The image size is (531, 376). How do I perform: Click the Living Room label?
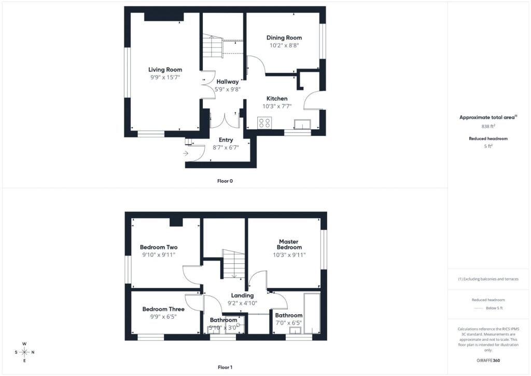click(x=165, y=70)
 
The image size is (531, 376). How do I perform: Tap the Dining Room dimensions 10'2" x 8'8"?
click(x=284, y=45)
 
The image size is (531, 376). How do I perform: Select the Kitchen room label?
click(x=277, y=99)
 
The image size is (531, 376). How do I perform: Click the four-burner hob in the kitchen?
click(x=264, y=123)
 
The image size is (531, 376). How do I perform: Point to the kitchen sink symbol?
click(x=302, y=125)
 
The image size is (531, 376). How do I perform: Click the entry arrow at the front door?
click(x=186, y=153)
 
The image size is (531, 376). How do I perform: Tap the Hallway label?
click(x=228, y=82)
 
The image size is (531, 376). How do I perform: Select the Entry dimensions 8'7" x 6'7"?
click(x=226, y=147)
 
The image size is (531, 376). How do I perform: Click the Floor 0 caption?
click(x=225, y=181)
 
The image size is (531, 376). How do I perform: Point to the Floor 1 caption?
click(x=225, y=367)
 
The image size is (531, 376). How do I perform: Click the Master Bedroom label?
click(x=289, y=245)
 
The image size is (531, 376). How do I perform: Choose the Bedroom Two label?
click(x=159, y=247)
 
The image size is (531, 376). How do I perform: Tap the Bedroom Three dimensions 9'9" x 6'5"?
click(x=163, y=317)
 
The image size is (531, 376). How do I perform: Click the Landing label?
click(x=243, y=296)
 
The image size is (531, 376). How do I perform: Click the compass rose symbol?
click(x=24, y=352)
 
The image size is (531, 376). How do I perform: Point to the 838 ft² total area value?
click(x=488, y=126)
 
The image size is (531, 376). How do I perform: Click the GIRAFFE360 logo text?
click(x=488, y=360)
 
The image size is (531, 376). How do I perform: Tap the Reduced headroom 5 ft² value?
click(x=488, y=146)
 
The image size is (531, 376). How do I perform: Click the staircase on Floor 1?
click(x=234, y=264)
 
